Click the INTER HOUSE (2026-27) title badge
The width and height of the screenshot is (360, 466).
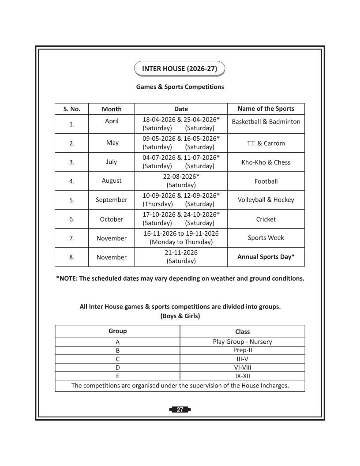coord(179,69)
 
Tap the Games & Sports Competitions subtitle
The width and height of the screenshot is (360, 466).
coord(180,87)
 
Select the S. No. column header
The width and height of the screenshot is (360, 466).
coord(71,109)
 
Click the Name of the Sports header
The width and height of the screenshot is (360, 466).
coord(266,109)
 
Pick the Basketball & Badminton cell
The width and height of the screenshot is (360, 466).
coord(266,122)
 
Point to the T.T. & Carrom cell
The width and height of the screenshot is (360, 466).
coord(266,143)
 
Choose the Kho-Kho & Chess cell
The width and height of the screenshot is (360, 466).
coord(266,162)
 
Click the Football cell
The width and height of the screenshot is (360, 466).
coord(266,181)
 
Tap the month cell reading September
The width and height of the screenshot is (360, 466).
coord(111,200)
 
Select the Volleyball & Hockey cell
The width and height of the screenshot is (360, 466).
coord(266,200)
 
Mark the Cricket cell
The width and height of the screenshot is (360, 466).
coord(266,219)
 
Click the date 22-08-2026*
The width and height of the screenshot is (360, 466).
coord(181,177)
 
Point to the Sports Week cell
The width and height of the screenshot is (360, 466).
coord(266,238)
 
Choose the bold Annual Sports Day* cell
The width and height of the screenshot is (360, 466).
coord(266,257)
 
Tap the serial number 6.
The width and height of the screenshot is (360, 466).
coord(71,219)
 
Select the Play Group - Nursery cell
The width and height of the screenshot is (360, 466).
coord(242,342)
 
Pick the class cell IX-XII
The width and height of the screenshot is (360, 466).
coord(242,376)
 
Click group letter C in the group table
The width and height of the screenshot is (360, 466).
coord(117,359)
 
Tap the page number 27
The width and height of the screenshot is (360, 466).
coord(180,410)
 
